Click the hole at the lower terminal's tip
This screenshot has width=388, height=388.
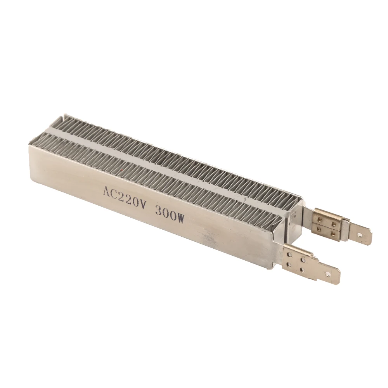point(328,274)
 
